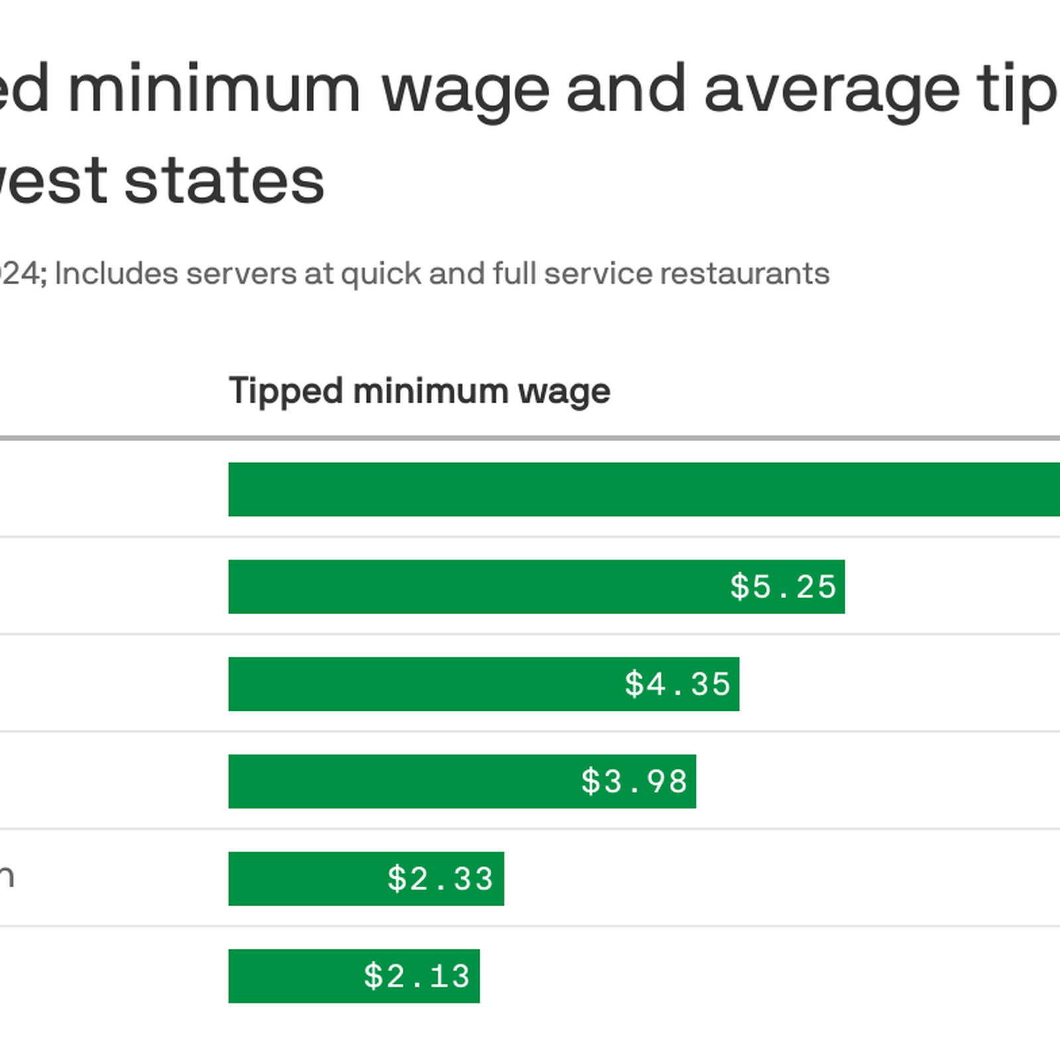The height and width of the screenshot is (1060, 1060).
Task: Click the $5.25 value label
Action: (x=783, y=587)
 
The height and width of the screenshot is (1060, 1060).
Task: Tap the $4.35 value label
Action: (x=678, y=684)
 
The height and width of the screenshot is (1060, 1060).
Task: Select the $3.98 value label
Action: (x=635, y=782)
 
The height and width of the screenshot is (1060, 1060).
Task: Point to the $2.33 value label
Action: (x=441, y=879)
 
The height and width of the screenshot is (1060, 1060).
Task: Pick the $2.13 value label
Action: (x=417, y=977)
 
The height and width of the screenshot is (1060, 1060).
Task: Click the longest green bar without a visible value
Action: (x=643, y=490)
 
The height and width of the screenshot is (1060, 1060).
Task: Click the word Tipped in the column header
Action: (x=286, y=391)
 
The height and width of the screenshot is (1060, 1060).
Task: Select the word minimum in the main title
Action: (x=214, y=89)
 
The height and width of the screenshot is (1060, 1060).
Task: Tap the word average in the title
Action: (x=831, y=89)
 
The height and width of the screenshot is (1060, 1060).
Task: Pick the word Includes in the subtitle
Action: (x=116, y=274)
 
